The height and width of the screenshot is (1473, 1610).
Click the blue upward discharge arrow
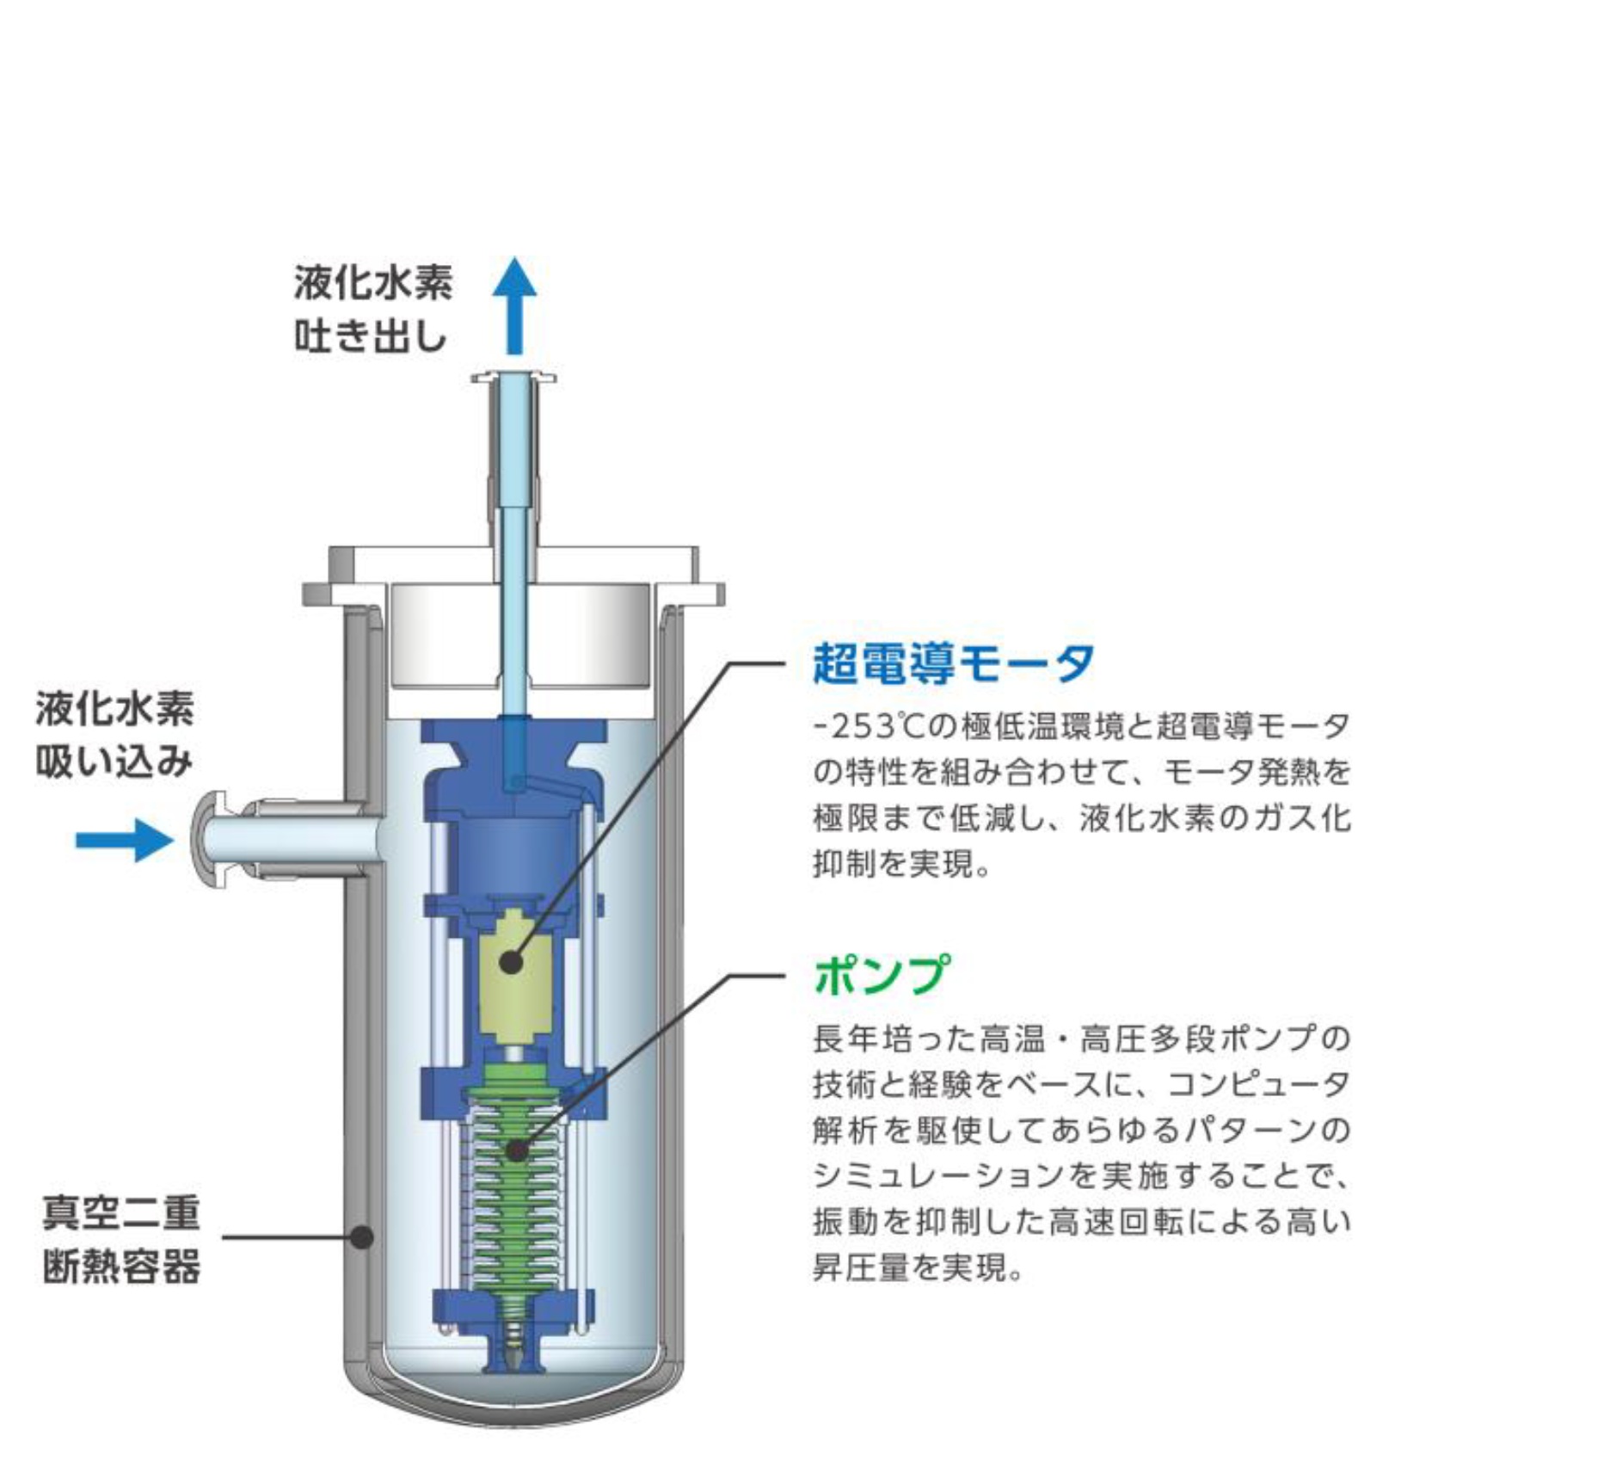514,305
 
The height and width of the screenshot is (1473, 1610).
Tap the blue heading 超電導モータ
953,663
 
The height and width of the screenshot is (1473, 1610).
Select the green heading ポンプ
882,975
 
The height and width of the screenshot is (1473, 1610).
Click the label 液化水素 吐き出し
372,309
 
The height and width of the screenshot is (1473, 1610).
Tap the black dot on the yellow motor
512,962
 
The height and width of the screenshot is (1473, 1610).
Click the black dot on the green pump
517,1150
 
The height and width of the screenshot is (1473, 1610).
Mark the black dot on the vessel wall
364,1237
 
